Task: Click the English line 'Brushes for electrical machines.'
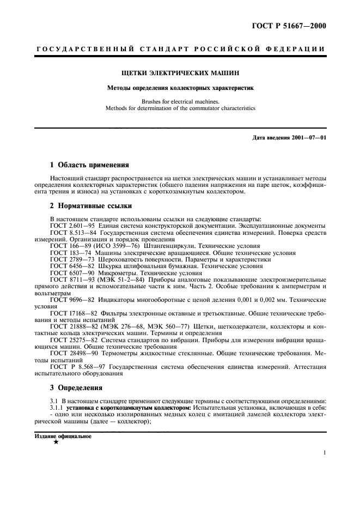pyautogui.click(x=180, y=101)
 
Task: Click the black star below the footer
pyautogui.click(x=56, y=442)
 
